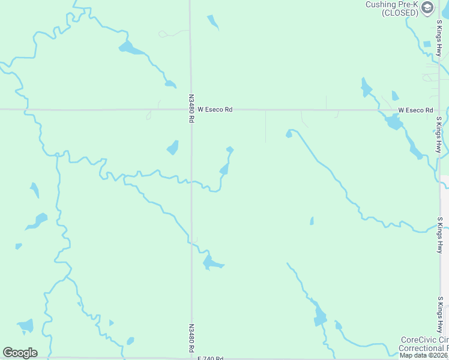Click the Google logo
click(20, 353)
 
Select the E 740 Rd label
click(210, 358)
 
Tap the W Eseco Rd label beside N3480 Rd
click(215, 110)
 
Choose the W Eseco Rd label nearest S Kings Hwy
click(415, 110)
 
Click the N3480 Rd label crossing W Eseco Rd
click(191, 109)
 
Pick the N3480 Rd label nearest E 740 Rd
click(191, 339)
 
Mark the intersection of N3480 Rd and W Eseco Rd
click(191, 110)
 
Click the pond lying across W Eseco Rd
click(394, 122)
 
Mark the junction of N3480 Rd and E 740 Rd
click(191, 358)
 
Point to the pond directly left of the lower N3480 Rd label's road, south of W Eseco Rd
click(172, 148)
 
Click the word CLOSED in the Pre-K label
click(400, 13)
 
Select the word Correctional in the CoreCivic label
click(424, 348)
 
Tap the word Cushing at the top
click(381, 4)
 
